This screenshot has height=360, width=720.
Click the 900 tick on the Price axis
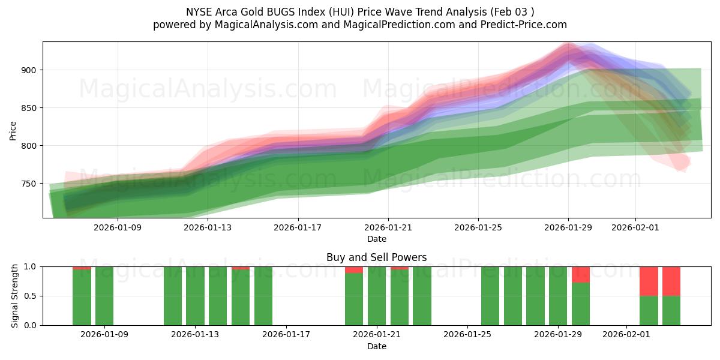coord(29,70)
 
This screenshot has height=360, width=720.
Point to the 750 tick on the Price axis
coord(29,184)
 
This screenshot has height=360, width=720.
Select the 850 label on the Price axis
coord(29,108)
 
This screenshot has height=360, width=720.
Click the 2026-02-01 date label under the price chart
coord(635,228)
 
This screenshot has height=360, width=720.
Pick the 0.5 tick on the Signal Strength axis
coord(31,296)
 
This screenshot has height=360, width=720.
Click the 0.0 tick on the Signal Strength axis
coord(31,325)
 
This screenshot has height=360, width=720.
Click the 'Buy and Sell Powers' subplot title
coord(376,257)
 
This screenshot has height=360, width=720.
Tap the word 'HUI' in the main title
coord(307,11)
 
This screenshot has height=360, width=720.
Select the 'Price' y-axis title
coord(13,130)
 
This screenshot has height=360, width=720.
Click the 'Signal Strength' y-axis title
coord(15,296)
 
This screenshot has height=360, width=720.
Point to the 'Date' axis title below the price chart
coord(376,239)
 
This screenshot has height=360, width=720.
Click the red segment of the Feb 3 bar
coord(671,281)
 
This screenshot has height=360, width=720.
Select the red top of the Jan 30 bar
coord(581,274)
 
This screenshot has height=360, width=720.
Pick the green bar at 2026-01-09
coord(104,296)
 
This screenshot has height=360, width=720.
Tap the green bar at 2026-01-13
coord(195,296)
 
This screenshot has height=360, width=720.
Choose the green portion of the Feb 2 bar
coord(649,310)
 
